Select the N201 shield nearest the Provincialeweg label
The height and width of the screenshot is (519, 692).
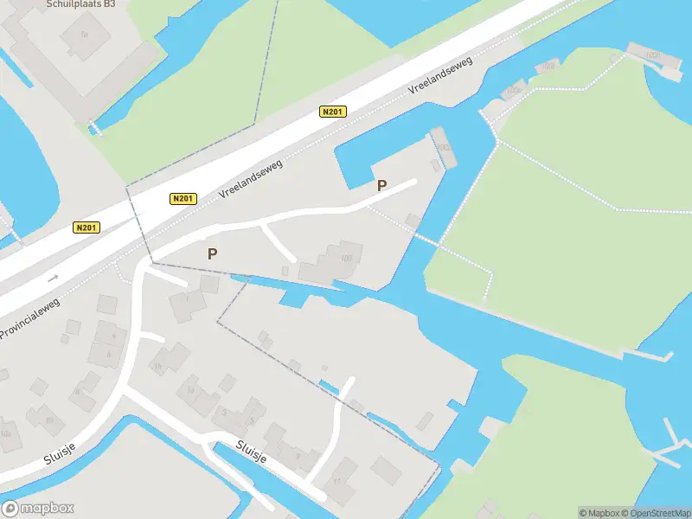coord(86,227)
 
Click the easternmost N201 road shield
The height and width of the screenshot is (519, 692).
coord(332,112)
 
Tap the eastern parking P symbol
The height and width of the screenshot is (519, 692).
coord(381,185)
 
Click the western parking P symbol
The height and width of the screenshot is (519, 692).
coord(212,253)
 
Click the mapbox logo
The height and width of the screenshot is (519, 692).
coord(38,508)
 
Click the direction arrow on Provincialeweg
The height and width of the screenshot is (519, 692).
coord(54,279)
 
